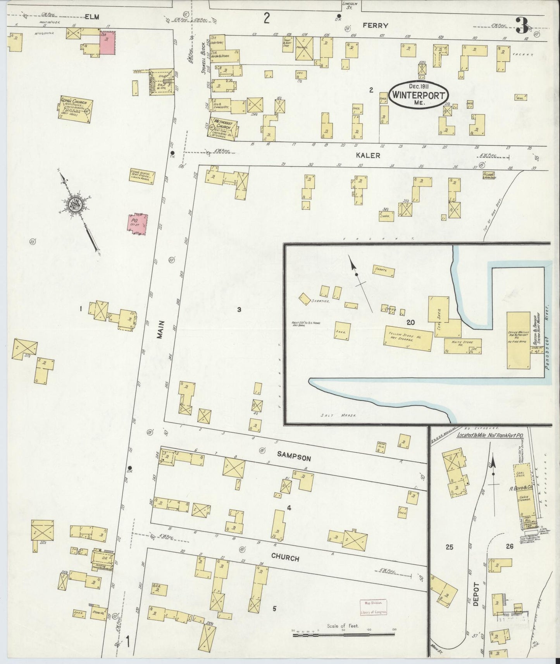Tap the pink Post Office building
tap(138, 225)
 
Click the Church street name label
tap(285, 558)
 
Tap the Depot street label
tap(477, 595)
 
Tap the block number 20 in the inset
tap(411, 322)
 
